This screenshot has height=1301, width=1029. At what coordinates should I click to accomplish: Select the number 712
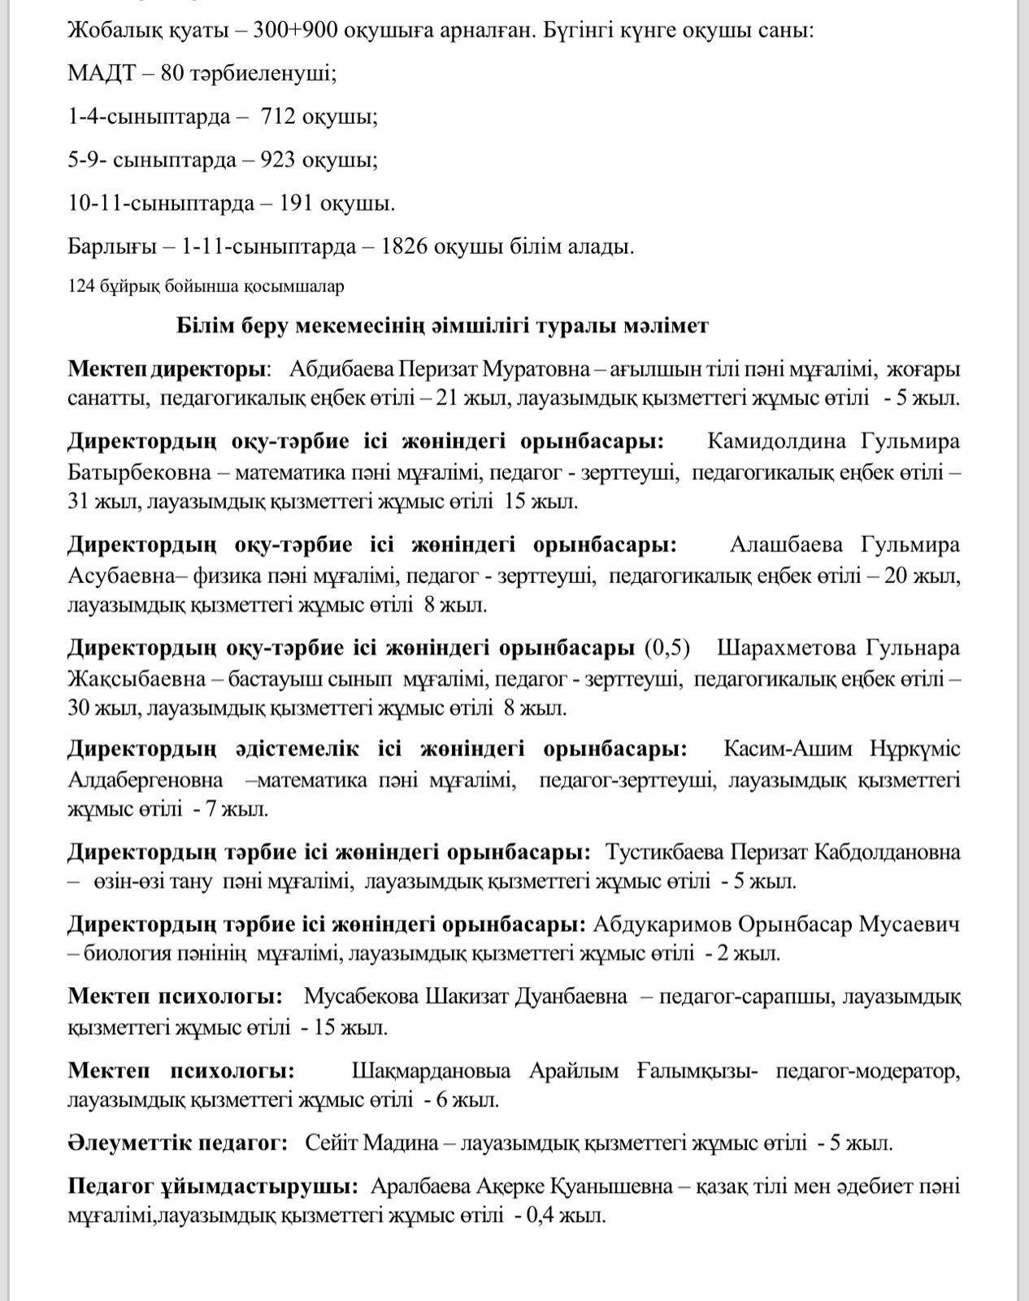(277, 117)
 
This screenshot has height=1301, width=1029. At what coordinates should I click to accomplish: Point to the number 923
(277, 160)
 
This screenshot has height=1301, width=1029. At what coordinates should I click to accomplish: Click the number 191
(296, 203)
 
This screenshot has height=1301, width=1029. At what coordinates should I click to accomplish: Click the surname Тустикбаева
(664, 852)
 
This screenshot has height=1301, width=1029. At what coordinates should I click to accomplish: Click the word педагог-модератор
(867, 1071)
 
